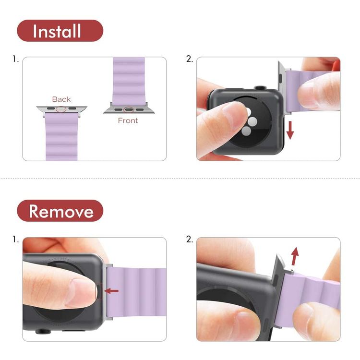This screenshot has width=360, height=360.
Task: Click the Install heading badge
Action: tap(60, 31)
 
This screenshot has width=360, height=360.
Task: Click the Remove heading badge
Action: tap(60, 211)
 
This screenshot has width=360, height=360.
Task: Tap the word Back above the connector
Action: tap(61, 99)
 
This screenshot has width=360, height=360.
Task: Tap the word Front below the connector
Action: tap(128, 120)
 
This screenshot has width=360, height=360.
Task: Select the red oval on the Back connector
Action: tap(61, 109)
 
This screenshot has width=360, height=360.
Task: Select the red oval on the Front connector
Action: tap(129, 109)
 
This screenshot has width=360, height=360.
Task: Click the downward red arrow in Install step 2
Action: tap(290, 130)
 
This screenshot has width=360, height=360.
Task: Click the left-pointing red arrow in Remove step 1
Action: tap(111, 291)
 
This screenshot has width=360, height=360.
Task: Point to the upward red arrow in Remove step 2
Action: tap(295, 256)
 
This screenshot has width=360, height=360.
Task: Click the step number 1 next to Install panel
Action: tap(15, 59)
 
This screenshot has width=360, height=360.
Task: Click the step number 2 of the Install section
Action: tap(190, 59)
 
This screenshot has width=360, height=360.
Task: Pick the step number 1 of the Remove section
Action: tap(15, 240)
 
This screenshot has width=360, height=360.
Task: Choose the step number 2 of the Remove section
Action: tap(190, 240)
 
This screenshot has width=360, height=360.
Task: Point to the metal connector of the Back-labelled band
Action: tap(61, 110)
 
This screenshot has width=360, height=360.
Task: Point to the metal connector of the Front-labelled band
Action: tap(129, 109)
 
